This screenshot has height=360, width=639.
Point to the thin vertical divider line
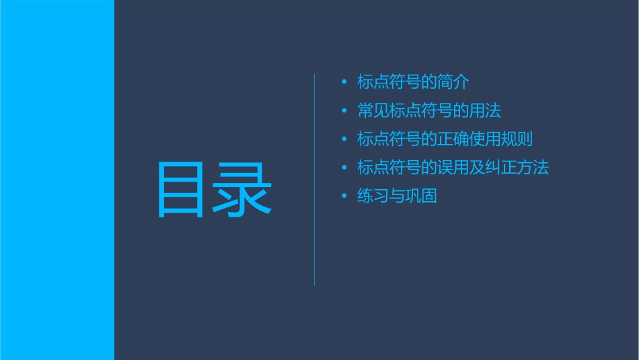coord(315,179)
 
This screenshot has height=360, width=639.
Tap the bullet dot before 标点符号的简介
coord(344,82)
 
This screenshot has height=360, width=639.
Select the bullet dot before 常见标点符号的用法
coord(344,111)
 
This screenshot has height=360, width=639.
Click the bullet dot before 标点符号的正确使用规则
coord(344,140)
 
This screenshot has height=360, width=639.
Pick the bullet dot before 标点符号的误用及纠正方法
coord(344,168)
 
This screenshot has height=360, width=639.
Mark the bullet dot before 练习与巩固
coord(344,196)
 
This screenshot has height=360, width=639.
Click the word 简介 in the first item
coord(453,82)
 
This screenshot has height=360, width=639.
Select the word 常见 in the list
coord(373,111)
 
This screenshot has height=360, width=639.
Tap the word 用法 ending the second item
coord(485,111)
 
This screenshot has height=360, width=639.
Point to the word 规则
coord(517,140)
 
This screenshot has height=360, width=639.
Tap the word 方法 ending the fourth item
coord(533,168)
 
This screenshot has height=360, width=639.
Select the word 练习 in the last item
coord(373,196)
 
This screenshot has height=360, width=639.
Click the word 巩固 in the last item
coord(421,196)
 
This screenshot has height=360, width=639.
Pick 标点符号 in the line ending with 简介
coord(389,82)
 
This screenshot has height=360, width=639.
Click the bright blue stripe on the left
coord(57,180)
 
